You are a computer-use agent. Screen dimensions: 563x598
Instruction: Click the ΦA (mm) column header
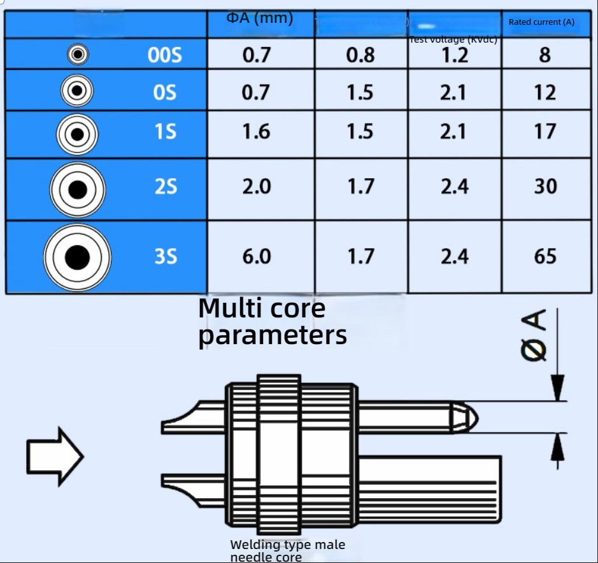point(260,18)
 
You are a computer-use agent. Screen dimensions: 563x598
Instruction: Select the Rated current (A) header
point(541,22)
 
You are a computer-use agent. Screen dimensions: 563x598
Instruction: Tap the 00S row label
point(164,55)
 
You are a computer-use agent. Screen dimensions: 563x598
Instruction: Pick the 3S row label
point(165,257)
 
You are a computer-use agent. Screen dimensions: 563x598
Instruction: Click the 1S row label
point(165,132)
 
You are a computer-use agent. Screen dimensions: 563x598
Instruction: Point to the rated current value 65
point(545,257)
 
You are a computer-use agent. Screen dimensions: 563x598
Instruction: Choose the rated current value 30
point(545,187)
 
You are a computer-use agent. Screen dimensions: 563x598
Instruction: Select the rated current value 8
point(545,55)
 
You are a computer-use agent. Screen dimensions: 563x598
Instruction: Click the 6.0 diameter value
point(257,257)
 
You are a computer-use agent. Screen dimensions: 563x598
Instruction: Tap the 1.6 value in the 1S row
point(257,132)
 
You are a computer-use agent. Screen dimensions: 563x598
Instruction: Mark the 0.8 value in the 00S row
point(360,55)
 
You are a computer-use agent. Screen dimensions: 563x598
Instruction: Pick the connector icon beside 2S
point(78,190)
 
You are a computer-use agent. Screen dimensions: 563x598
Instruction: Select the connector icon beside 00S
point(78,55)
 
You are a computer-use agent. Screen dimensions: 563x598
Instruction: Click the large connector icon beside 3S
point(78,257)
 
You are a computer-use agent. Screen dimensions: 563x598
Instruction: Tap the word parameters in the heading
point(272,335)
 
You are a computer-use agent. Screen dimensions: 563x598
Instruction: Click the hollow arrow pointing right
point(55,456)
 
